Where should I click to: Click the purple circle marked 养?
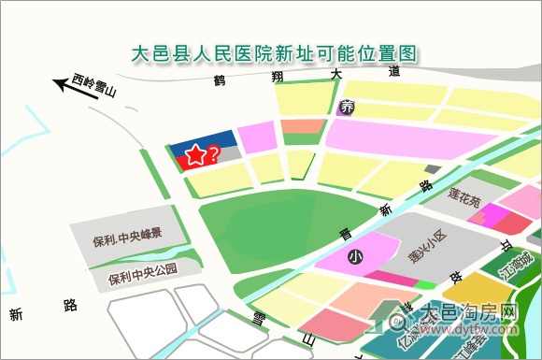[348, 107]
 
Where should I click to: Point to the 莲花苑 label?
[464, 199]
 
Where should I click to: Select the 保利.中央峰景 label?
[128, 234]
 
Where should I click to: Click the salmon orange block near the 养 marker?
[303, 126]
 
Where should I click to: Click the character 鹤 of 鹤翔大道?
[221, 79]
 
